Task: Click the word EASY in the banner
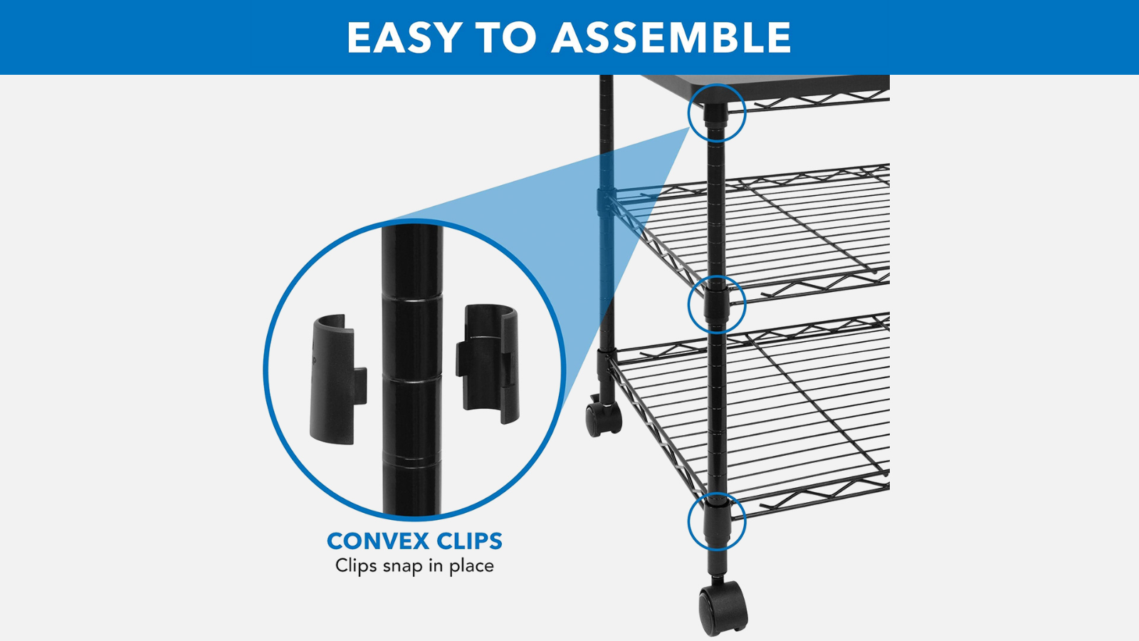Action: coord(404,37)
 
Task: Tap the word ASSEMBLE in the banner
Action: coord(671,37)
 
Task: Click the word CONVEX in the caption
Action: coord(379,541)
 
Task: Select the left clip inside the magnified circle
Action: coord(337,379)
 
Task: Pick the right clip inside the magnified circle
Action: coord(488,363)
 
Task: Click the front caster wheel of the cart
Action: coord(723,608)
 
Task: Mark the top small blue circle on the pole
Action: coord(717,113)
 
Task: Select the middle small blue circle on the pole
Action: coord(717,305)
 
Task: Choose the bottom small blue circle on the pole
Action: coord(717,521)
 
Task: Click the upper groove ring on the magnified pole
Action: coord(412,300)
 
